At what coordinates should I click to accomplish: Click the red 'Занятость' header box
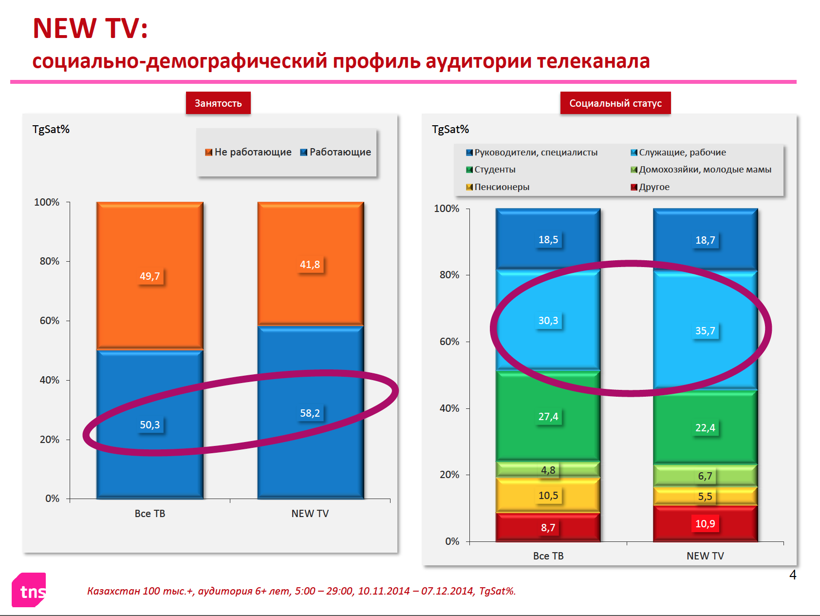pyautogui.click(x=218, y=103)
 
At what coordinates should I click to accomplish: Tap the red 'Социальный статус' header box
pyautogui.click(x=615, y=103)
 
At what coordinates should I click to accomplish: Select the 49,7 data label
pyautogui.click(x=150, y=276)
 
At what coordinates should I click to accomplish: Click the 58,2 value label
pyautogui.click(x=310, y=413)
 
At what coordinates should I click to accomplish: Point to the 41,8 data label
pyautogui.click(x=310, y=265)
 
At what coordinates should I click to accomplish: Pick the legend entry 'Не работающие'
pyautogui.click(x=248, y=152)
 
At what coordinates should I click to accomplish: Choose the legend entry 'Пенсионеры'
pyautogui.click(x=498, y=187)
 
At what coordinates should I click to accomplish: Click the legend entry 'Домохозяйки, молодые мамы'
pyautogui.click(x=701, y=170)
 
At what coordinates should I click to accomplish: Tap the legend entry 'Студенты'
pyautogui.click(x=491, y=170)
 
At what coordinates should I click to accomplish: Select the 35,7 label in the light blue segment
pyautogui.click(x=705, y=331)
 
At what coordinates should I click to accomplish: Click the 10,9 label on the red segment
pyautogui.click(x=705, y=524)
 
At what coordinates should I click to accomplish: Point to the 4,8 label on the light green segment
pyautogui.click(x=548, y=470)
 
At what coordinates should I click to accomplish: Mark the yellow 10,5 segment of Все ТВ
pyautogui.click(x=548, y=496)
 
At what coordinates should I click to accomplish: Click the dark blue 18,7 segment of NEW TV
pyautogui.click(x=705, y=239)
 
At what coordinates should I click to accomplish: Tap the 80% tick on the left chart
pyautogui.click(x=49, y=261)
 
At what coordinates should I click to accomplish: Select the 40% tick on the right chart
pyautogui.click(x=449, y=408)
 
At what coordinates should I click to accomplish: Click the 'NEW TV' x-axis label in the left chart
pyautogui.click(x=310, y=514)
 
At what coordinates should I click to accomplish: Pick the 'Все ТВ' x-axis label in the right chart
pyautogui.click(x=548, y=556)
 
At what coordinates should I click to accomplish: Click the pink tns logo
pyautogui.click(x=29, y=590)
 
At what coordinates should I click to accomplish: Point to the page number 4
pyautogui.click(x=793, y=575)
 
